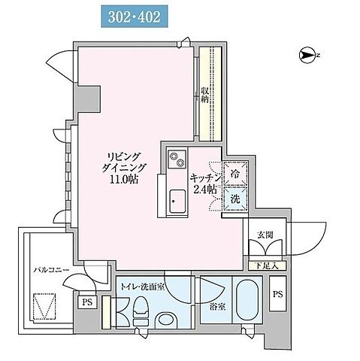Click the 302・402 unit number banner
coord(135,17)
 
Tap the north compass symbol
coord(307,55)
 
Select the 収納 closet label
coord(204,95)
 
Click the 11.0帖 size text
coord(125,179)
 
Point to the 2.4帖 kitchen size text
coord(205,190)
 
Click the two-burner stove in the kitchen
coord(177,159)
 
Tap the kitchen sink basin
coord(177,202)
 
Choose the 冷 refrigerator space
coord(235,174)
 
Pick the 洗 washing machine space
coord(235,199)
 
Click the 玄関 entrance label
coord(265,235)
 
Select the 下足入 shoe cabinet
coord(267,266)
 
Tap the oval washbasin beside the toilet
coord(166,320)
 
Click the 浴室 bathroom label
coord(217,307)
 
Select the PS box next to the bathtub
coord(277,293)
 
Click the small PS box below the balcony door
coord(87,302)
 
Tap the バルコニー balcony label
coord(52,270)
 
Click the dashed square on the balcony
coord(44,307)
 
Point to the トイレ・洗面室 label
coord(142,287)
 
